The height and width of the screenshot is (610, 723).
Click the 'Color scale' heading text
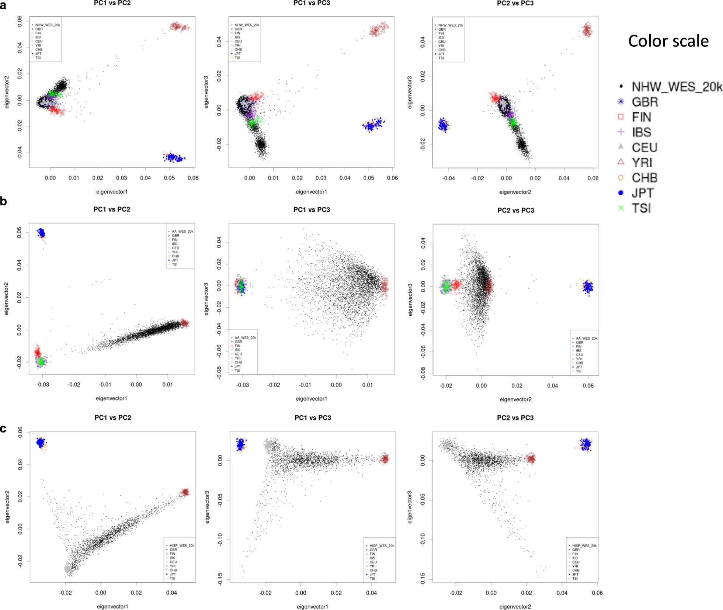click(668, 41)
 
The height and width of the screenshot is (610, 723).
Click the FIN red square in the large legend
click(621, 117)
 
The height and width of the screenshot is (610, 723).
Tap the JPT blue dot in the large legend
click(621, 193)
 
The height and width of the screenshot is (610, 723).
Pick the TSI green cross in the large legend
click(621, 208)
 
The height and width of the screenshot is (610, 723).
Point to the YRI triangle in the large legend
click(621, 162)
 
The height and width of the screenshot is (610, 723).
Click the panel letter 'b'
click(3, 201)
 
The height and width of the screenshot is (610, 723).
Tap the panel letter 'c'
click(3, 429)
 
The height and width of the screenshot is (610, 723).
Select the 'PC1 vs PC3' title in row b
click(312, 210)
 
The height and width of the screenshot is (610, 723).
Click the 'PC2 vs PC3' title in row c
click(515, 418)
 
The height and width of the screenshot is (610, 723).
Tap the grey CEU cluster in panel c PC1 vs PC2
click(69, 569)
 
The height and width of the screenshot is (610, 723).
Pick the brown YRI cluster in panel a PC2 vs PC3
click(587, 30)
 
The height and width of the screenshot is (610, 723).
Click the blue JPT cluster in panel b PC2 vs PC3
click(587, 287)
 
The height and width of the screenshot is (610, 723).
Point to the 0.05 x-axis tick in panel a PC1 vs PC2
click(169, 178)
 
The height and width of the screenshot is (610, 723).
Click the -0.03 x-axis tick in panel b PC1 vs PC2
click(43, 385)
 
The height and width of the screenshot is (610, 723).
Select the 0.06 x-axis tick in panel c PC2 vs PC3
click(597, 593)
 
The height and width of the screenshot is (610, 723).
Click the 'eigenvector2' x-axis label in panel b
click(515, 399)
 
